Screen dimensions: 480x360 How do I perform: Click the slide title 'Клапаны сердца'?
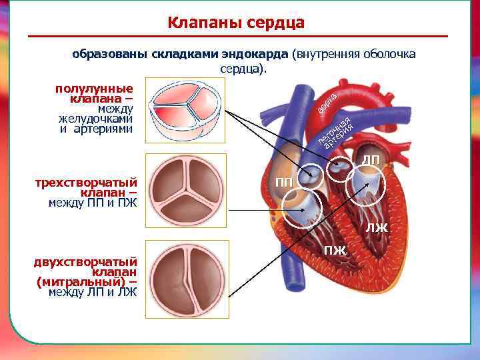236,23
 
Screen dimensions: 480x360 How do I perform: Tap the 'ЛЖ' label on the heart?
376,229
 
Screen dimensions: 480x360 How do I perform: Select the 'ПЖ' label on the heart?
335,251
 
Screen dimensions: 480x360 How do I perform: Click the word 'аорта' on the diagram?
327,101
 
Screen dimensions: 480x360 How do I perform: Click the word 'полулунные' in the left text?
94,88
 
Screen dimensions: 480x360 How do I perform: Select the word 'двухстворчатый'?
86,261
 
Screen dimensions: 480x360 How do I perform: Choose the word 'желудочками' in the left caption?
95,119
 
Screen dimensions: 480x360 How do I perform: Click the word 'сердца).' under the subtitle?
243,68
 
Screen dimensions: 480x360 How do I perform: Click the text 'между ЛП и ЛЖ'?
93,292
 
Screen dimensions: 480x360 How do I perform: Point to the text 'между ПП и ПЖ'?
93,203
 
